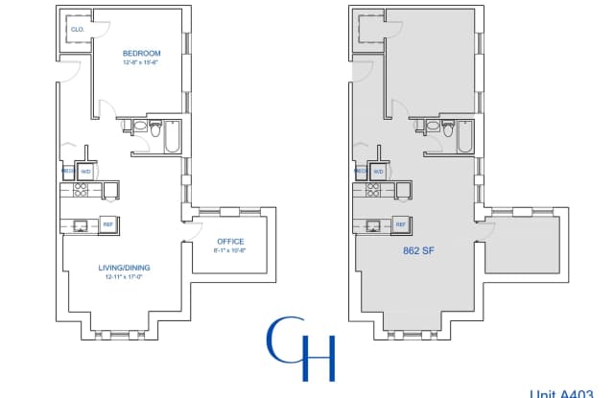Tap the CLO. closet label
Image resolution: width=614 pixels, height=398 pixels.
tap(78, 30)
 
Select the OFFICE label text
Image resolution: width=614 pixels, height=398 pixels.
tap(229, 241)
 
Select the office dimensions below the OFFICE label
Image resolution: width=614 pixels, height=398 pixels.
tap(229, 251)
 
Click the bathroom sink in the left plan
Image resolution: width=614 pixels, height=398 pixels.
tap(159, 126)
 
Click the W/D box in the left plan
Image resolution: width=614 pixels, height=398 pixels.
tap(85, 172)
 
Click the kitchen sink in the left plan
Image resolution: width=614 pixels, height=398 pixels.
tap(80, 226)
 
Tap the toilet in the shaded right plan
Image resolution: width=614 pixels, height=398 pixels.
tap(434, 126)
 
